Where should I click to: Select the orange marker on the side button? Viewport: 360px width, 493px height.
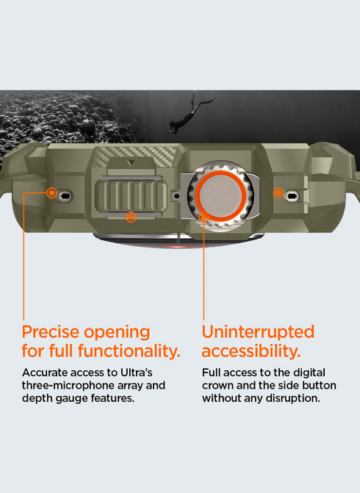point(131,217)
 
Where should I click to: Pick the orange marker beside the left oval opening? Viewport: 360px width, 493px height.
point(51,192)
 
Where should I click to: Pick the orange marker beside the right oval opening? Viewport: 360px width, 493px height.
point(278,192)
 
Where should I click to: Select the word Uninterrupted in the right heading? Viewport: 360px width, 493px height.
point(258,332)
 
